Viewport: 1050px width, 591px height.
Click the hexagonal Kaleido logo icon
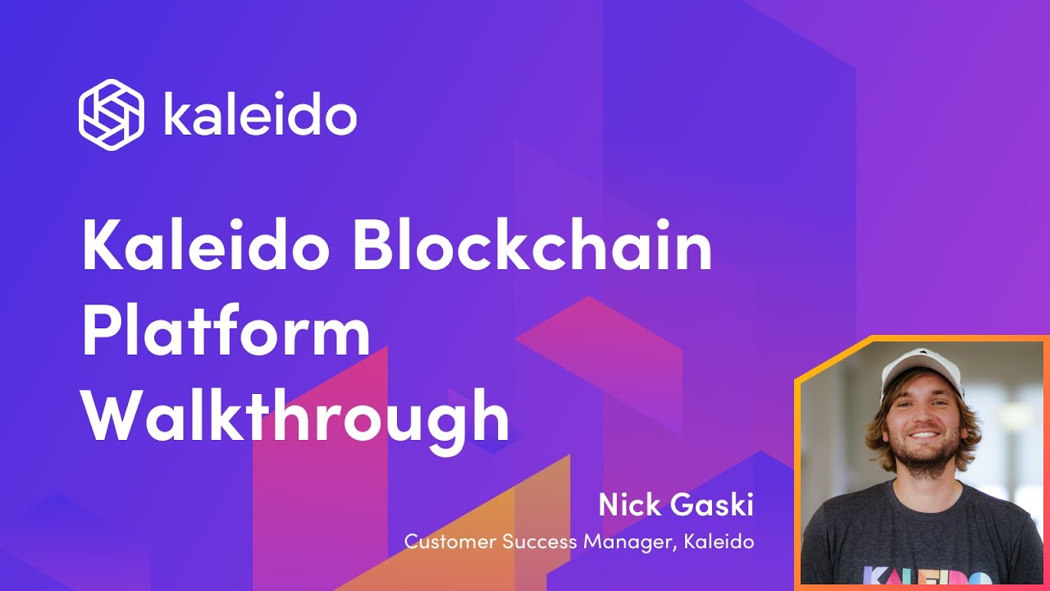[x=111, y=115]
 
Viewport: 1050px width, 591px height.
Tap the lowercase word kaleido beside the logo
[x=260, y=116]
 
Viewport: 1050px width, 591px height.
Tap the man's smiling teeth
[x=924, y=435]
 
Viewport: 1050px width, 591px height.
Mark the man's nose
[x=923, y=415]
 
